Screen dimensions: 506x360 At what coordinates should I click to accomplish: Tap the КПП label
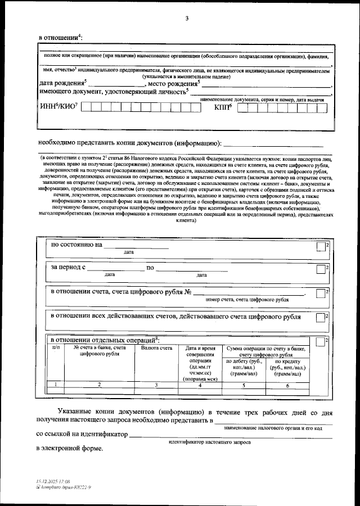[223, 107]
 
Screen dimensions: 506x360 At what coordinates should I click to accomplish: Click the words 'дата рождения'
[61, 84]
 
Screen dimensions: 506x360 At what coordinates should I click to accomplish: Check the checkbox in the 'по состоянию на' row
[319, 247]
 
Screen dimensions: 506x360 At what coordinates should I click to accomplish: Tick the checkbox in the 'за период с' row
[319, 269]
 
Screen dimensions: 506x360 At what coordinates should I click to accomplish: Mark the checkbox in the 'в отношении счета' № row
[319, 293]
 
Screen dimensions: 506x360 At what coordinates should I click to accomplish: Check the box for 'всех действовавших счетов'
[319, 318]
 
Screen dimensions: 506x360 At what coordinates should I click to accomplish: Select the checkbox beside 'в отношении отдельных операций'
[319, 342]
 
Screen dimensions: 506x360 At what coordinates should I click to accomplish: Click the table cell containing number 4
[200, 385]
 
